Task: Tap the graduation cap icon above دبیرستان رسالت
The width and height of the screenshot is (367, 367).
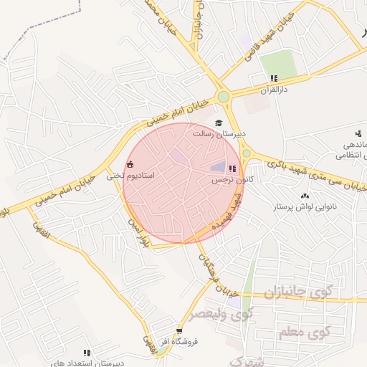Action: point(219,123)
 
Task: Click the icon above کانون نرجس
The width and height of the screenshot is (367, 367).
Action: point(232,168)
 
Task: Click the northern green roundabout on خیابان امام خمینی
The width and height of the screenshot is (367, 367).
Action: point(224,96)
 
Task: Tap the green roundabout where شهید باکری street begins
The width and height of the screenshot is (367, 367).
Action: point(247,153)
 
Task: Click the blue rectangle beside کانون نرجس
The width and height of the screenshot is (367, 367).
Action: point(217,166)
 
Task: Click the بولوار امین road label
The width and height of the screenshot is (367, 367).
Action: point(137,233)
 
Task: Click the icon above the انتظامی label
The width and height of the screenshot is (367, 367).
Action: point(358,132)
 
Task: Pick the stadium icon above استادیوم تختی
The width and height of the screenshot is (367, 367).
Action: point(130,163)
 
